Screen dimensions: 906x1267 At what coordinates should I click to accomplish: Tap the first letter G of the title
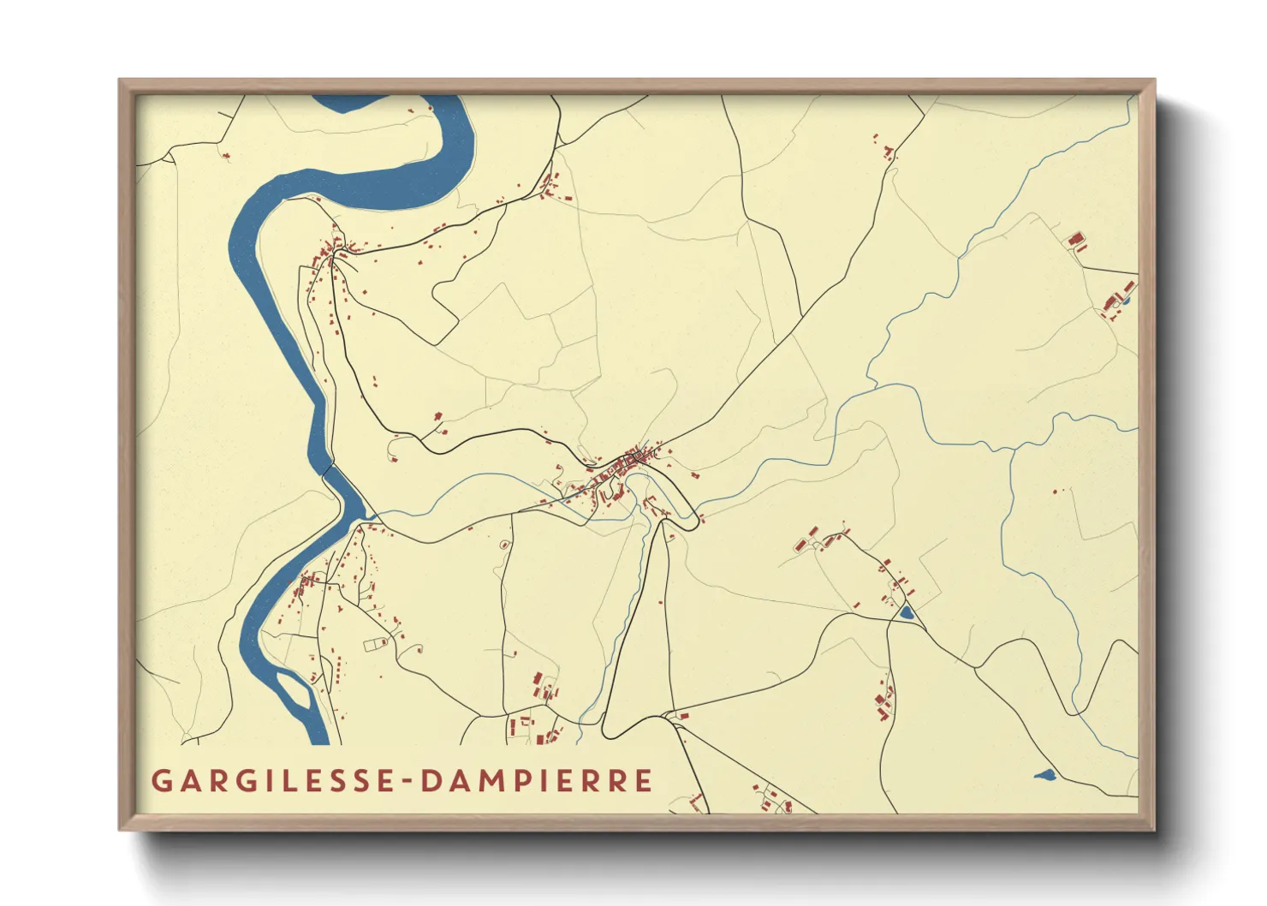click(x=160, y=781)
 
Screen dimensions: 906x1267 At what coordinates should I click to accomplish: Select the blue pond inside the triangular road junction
click(x=906, y=612)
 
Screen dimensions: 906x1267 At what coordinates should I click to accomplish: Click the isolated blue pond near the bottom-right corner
click(x=1044, y=775)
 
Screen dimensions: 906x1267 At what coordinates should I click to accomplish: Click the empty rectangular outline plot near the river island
click(x=374, y=645)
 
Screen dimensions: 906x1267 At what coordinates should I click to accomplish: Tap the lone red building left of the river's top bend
click(x=226, y=156)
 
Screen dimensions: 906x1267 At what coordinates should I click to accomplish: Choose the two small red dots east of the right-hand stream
click(x=1058, y=491)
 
